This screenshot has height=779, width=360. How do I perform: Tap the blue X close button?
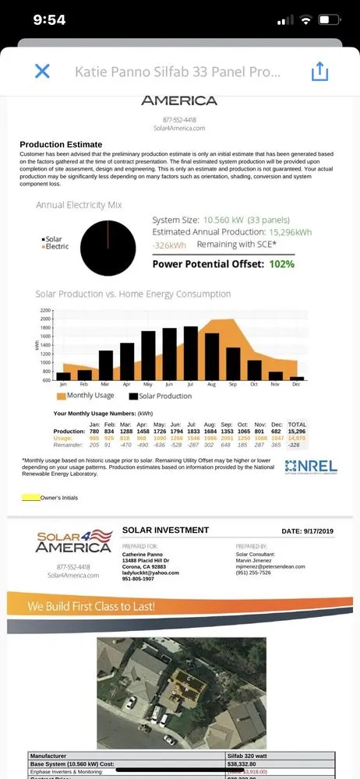tap(42, 72)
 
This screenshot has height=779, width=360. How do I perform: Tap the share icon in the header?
tap(319, 72)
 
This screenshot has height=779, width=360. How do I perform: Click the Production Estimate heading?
tap(61, 145)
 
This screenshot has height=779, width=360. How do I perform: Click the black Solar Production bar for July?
tap(190, 353)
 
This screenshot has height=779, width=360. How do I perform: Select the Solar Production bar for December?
tap(297, 378)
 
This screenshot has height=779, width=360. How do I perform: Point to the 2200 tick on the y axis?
tap(44, 310)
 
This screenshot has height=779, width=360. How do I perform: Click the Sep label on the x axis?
tap(233, 385)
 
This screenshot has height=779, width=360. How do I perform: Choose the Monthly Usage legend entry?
tap(86, 397)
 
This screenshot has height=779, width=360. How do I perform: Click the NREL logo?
tap(311, 467)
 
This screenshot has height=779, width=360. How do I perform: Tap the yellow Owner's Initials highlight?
tap(30, 497)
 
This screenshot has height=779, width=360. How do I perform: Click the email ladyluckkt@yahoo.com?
tap(150, 573)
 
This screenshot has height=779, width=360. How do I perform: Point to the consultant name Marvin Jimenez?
tap(257, 560)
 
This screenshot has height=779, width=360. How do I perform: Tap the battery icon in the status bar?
tap(330, 19)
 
